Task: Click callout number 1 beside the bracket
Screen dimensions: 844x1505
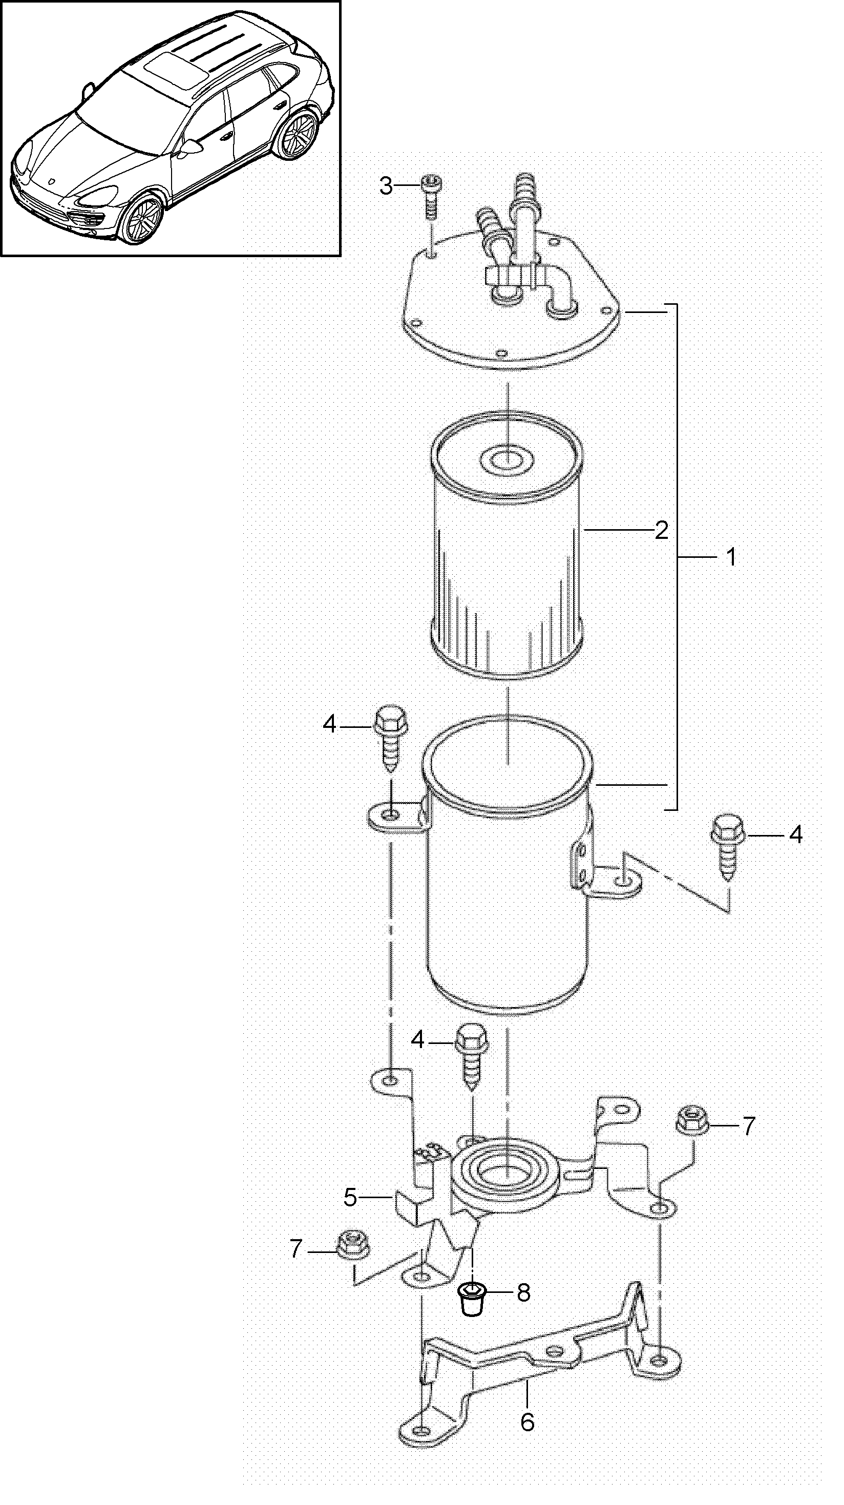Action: (x=731, y=557)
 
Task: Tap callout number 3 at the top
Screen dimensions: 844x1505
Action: (x=386, y=186)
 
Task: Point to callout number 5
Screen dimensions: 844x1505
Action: (x=350, y=1198)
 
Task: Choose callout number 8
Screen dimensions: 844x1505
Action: (x=523, y=1293)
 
